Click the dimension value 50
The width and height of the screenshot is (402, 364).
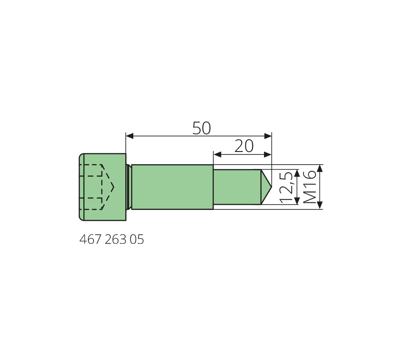(201, 128)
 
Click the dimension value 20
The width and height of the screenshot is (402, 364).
(244, 146)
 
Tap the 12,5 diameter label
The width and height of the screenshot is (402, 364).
(286, 187)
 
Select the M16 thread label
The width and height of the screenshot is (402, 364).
(309, 187)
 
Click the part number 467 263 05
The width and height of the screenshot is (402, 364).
(112, 240)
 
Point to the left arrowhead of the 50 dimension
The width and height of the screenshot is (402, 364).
(129, 136)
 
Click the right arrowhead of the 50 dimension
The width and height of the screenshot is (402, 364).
(268, 136)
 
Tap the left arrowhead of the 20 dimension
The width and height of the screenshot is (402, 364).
(218, 154)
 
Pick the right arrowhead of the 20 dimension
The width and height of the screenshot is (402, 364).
(268, 154)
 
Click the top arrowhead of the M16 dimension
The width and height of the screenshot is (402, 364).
(320, 168)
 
